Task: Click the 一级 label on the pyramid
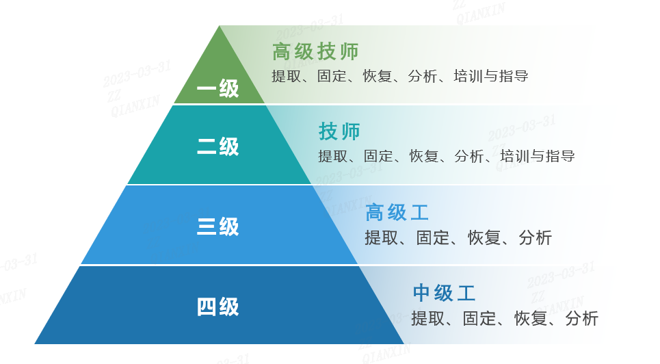click(217, 88)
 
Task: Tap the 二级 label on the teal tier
click(217, 146)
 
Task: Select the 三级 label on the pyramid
click(217, 226)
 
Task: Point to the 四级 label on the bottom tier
click(217, 307)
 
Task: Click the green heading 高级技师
click(315, 51)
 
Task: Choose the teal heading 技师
click(339, 131)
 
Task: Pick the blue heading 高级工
click(397, 212)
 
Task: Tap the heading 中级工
click(444, 293)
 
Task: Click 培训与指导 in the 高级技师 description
click(491, 76)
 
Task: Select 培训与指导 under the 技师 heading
click(538, 156)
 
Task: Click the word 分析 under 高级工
click(535, 237)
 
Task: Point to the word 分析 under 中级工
click(582, 318)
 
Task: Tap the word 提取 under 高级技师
click(287, 76)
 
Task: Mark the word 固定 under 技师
click(378, 156)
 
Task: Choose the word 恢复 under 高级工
click(484, 237)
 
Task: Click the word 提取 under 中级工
click(427, 318)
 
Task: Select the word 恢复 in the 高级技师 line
click(378, 76)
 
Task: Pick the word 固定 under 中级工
click(479, 318)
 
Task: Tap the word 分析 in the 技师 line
click(469, 156)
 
